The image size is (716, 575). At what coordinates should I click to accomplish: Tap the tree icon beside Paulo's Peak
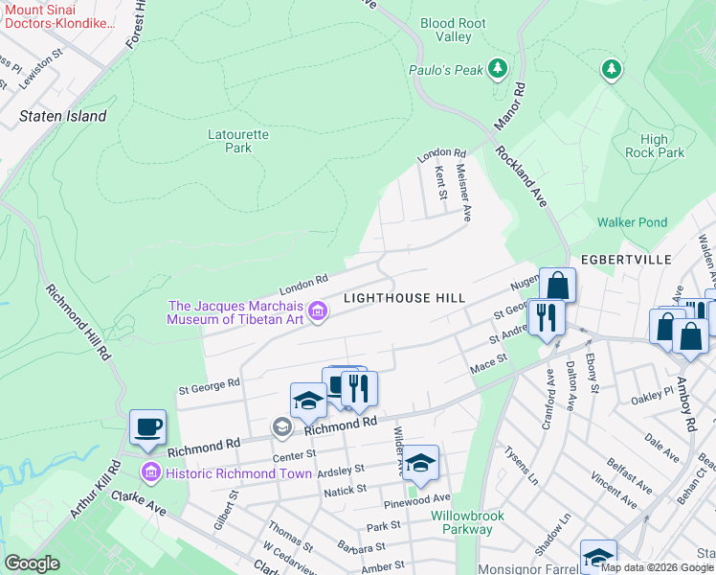497,68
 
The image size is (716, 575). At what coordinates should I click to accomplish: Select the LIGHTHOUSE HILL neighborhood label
404,299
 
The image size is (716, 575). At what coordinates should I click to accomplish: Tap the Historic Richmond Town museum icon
149,472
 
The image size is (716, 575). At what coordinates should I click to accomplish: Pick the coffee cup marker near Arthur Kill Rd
147,427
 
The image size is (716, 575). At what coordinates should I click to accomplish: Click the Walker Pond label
632,222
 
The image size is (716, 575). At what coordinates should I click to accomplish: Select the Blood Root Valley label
453,30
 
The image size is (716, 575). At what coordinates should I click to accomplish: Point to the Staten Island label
63,116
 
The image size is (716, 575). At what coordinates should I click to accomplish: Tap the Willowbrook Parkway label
461,522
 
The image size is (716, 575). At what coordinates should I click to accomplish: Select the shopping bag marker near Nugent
557,285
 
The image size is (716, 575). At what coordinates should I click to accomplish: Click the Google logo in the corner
33,563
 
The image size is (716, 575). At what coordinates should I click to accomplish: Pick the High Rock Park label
655,146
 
